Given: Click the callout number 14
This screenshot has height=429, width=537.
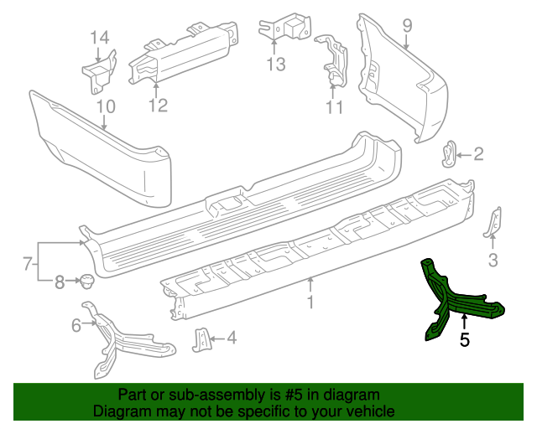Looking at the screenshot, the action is click(x=100, y=37).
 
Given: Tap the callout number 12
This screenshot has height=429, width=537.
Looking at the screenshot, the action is click(x=158, y=105).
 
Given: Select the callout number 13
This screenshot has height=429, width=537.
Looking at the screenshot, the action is click(x=276, y=64).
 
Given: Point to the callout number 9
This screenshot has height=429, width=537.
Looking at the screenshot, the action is click(x=407, y=25).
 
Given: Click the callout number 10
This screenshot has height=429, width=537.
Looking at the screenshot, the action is click(x=105, y=106).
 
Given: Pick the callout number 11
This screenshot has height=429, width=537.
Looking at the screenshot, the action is click(x=335, y=107).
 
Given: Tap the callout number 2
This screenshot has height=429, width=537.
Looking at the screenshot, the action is click(x=478, y=153).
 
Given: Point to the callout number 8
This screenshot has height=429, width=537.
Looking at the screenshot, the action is click(x=60, y=282).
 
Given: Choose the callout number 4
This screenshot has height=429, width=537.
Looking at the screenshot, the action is click(x=231, y=339).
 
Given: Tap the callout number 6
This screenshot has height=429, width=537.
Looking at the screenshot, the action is click(x=76, y=325).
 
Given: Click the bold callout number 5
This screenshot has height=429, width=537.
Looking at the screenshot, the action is click(x=464, y=339).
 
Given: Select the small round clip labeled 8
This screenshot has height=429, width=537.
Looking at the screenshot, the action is click(x=86, y=281).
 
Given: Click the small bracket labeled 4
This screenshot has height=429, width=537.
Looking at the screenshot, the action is click(x=201, y=339).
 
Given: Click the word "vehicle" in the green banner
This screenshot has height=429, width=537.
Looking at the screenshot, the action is click(x=368, y=412).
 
